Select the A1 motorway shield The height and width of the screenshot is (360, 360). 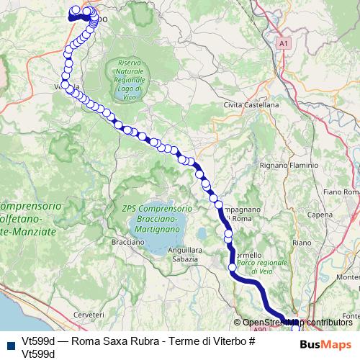pos(284,43)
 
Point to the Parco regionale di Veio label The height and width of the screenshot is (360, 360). pos(262,267)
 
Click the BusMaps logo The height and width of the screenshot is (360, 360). pos(325,344)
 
